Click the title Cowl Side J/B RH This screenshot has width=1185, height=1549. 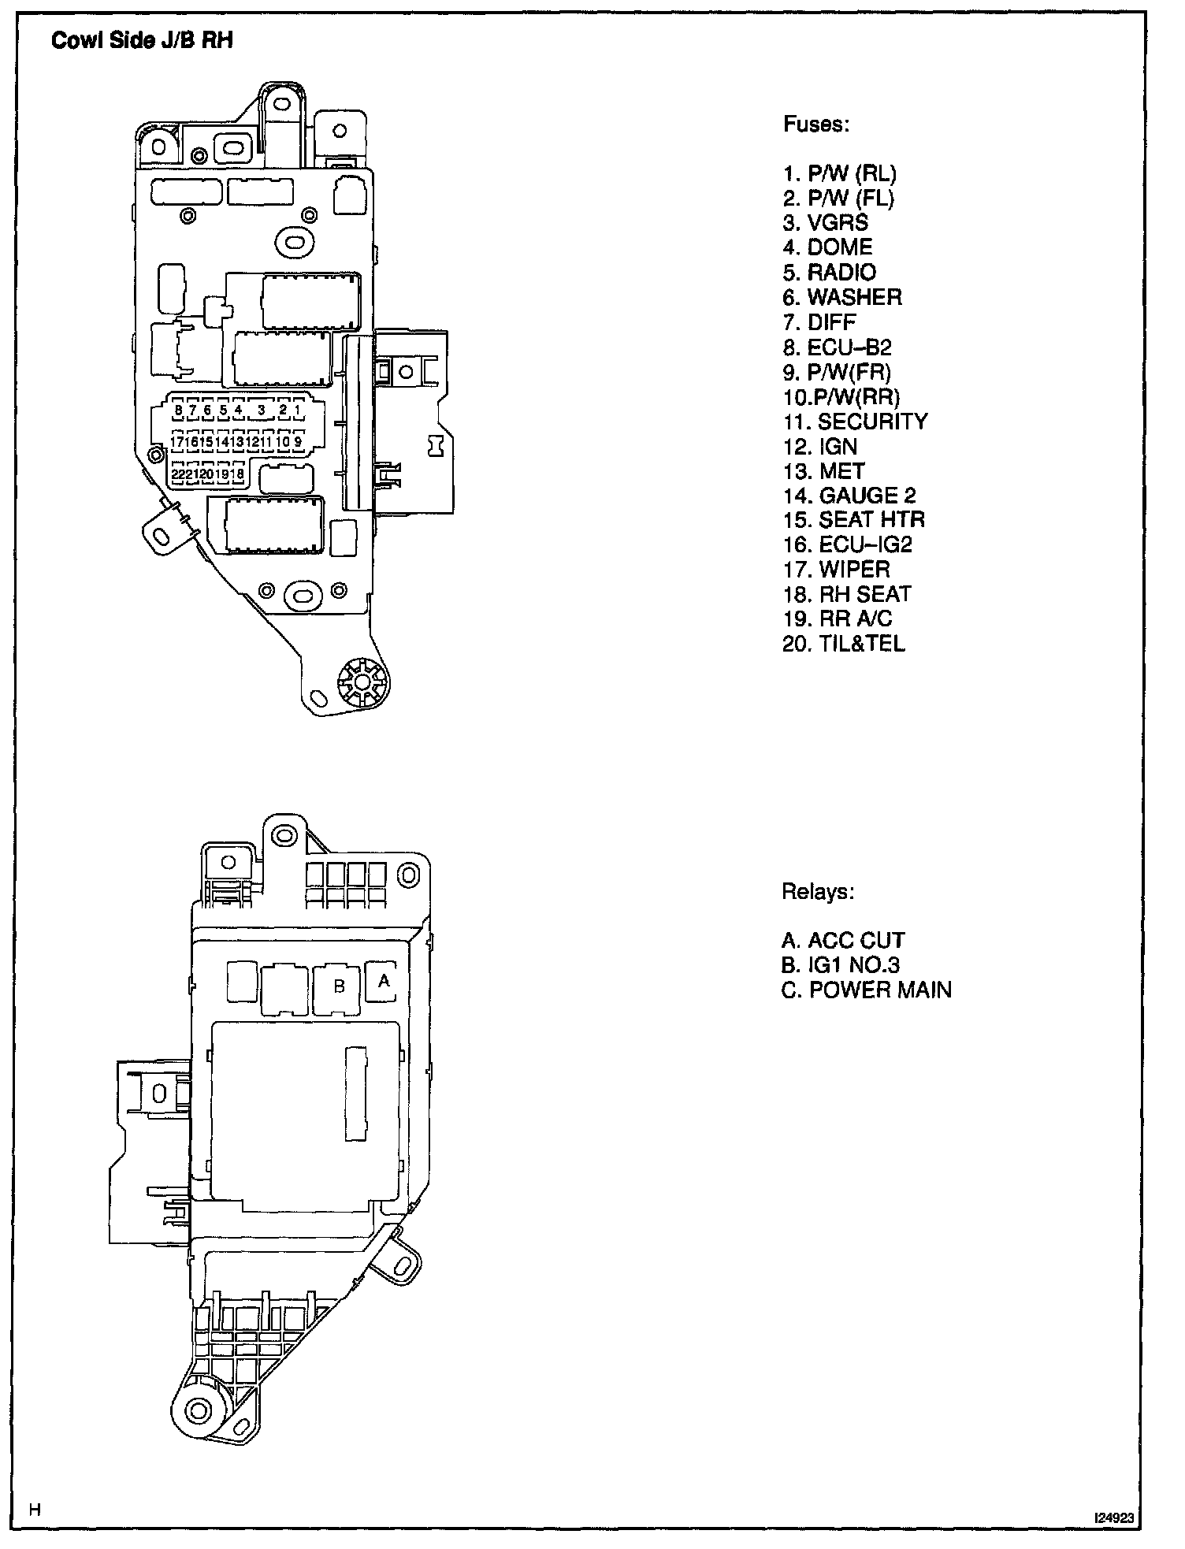coord(142,41)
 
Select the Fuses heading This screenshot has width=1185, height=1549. coord(815,124)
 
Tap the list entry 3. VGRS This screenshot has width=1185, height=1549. coord(825,223)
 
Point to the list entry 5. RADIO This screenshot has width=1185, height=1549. coord(829,273)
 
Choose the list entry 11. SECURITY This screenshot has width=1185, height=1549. coord(855,422)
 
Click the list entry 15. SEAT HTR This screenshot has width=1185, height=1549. coord(853,520)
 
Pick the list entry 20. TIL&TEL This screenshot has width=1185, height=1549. coord(844,644)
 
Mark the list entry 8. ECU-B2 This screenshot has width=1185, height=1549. coord(837,347)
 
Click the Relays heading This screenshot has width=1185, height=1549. coord(817,892)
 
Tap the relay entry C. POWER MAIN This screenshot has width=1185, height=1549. coord(866,990)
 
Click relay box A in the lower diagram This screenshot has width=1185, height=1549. coord(384,982)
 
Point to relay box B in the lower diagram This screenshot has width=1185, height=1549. coord(339,986)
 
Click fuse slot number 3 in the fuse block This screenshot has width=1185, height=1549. coord(261,410)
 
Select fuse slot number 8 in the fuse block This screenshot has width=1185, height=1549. coord(179,410)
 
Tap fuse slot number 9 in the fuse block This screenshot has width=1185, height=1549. coord(298,443)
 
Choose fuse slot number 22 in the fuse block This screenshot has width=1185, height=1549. coord(178,474)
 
